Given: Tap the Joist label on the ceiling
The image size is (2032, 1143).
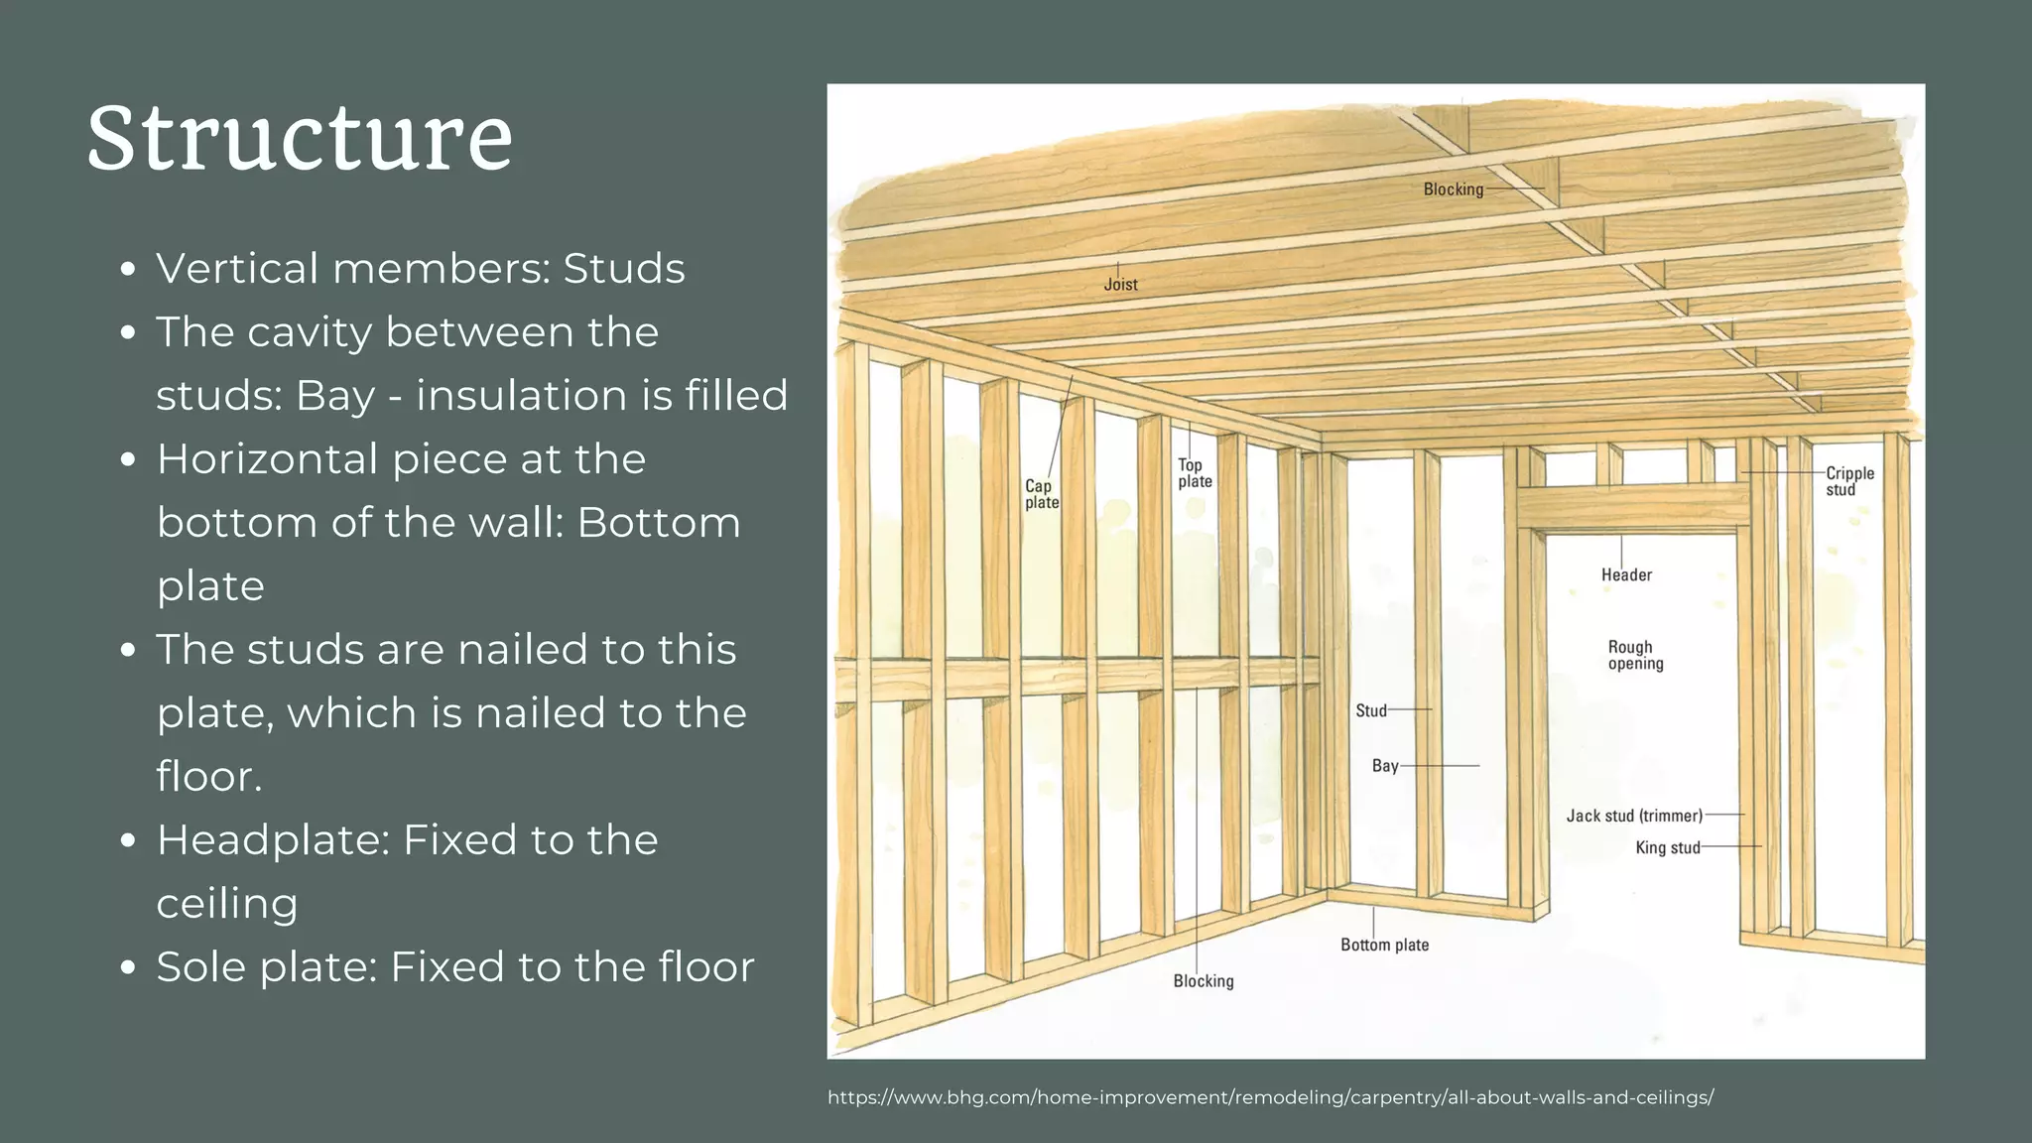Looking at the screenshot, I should (1120, 285).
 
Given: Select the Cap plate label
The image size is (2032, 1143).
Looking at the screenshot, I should (1042, 494).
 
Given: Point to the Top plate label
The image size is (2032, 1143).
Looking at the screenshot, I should (1195, 473).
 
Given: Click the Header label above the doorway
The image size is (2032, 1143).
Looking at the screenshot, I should (1626, 575).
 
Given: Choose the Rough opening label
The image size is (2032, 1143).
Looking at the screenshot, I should (1635, 656).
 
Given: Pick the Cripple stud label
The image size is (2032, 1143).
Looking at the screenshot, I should (1849, 481).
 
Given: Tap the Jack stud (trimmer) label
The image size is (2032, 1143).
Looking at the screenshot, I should (1634, 816).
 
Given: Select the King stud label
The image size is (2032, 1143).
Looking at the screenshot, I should (1668, 847).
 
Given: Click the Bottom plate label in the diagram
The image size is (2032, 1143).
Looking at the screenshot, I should (1384, 945).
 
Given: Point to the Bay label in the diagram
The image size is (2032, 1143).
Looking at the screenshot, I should (1385, 766).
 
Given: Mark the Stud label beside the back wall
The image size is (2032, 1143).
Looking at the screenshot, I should (1371, 710).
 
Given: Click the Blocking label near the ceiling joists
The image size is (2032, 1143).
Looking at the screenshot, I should (1453, 190).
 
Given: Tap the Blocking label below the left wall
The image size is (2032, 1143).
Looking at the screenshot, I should (1204, 981).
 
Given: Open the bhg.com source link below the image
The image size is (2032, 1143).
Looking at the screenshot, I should (1270, 1097).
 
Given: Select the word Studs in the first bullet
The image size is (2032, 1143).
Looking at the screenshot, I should (624, 269).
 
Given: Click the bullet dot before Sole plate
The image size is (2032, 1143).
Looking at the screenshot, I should (127, 967).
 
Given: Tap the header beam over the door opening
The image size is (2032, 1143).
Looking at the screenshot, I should (1632, 508).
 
